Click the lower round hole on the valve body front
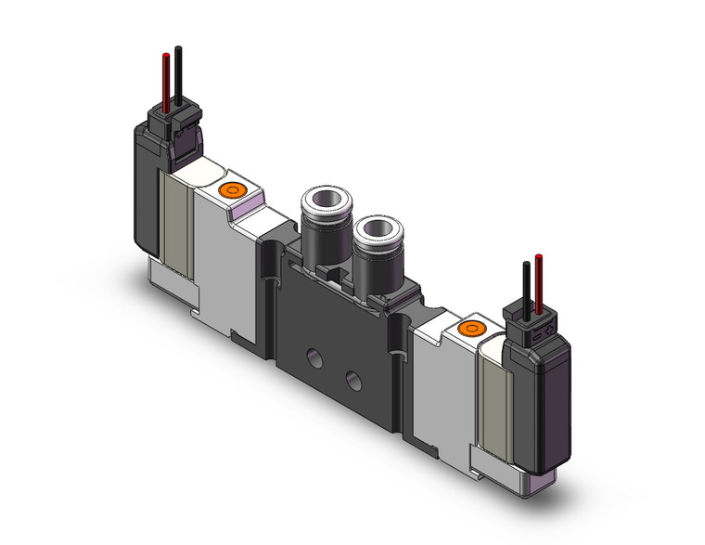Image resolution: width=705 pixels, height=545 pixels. click(x=353, y=378)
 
